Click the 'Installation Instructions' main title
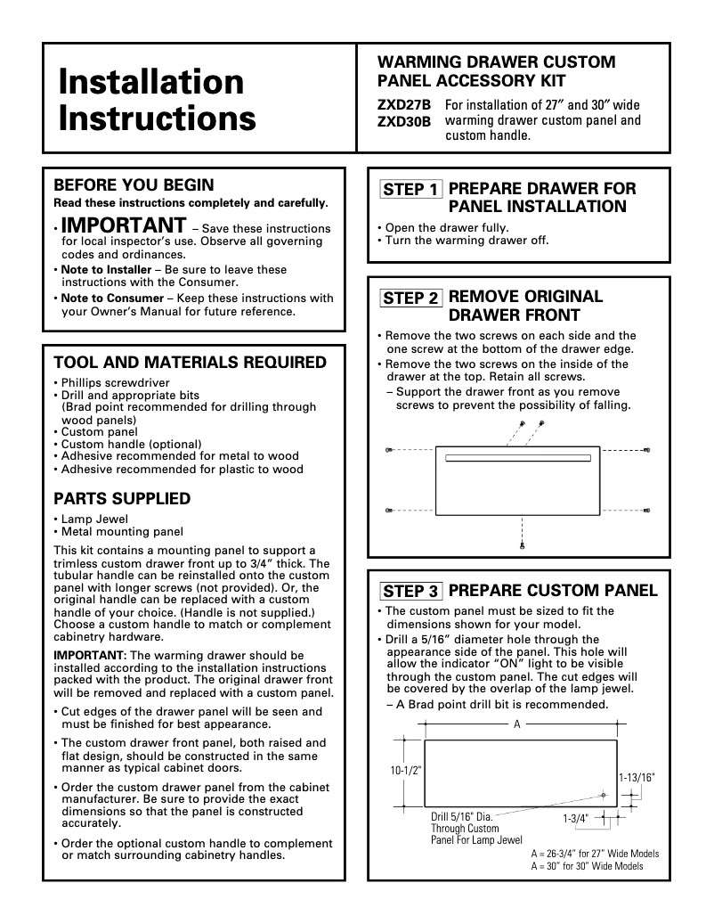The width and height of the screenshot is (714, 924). point(157,100)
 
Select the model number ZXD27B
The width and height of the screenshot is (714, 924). point(404,105)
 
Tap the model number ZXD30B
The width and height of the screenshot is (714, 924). point(404,121)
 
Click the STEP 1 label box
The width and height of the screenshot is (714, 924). point(410,189)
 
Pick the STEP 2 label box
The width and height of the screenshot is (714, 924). point(410,298)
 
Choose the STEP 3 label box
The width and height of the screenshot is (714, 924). point(410,591)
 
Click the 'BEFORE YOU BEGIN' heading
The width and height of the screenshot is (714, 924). point(134,185)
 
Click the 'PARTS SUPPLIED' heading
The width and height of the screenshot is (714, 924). point(122,499)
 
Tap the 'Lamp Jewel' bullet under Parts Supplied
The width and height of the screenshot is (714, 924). point(94,519)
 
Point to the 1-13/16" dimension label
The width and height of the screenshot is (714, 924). point(637,777)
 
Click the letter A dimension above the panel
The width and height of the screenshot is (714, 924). point(516,724)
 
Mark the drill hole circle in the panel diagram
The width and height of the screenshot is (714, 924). point(604,794)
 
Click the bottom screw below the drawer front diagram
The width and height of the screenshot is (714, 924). point(522,544)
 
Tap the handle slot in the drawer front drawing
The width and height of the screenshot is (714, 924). point(518,459)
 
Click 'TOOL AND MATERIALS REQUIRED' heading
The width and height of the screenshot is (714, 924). point(191,363)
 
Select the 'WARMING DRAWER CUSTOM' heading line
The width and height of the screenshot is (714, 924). point(497,62)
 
